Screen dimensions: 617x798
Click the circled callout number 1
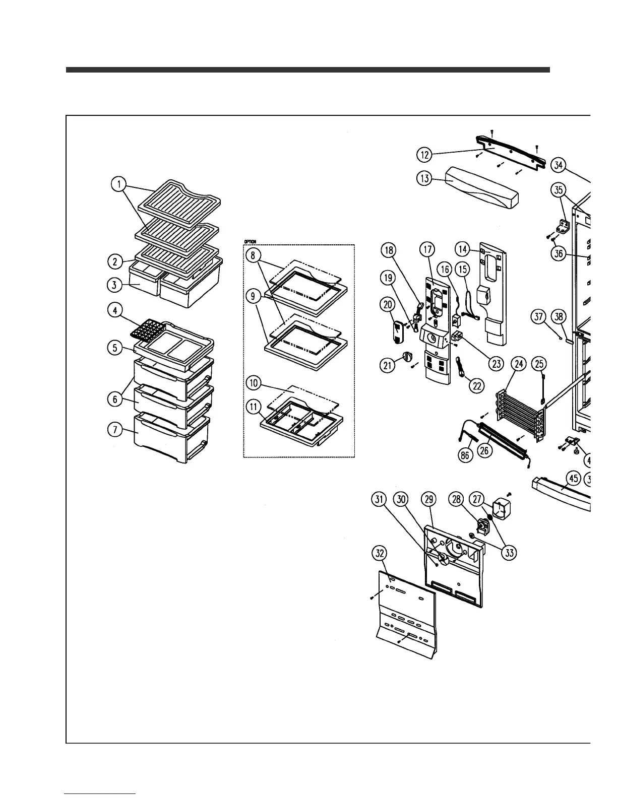119,185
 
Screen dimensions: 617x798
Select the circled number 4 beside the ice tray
115,310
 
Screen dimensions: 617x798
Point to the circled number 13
425,178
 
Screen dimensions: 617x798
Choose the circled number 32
379,553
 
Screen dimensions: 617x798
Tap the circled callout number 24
518,363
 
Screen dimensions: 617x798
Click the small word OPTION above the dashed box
250,242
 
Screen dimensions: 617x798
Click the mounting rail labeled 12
509,150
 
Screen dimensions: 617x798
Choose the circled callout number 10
254,383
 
